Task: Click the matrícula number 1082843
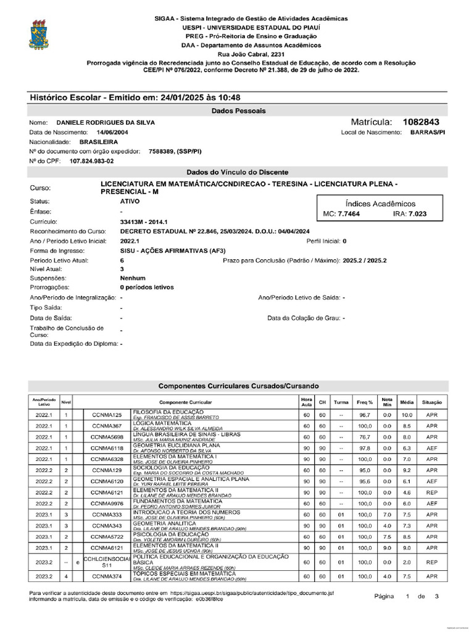point(421,122)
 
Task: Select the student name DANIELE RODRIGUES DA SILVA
point(106,123)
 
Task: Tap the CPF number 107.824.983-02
point(91,160)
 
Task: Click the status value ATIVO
point(131,201)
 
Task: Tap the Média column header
point(406,401)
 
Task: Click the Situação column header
point(432,401)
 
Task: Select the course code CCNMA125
point(107,415)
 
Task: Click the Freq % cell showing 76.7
point(364,437)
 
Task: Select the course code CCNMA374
point(107,576)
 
